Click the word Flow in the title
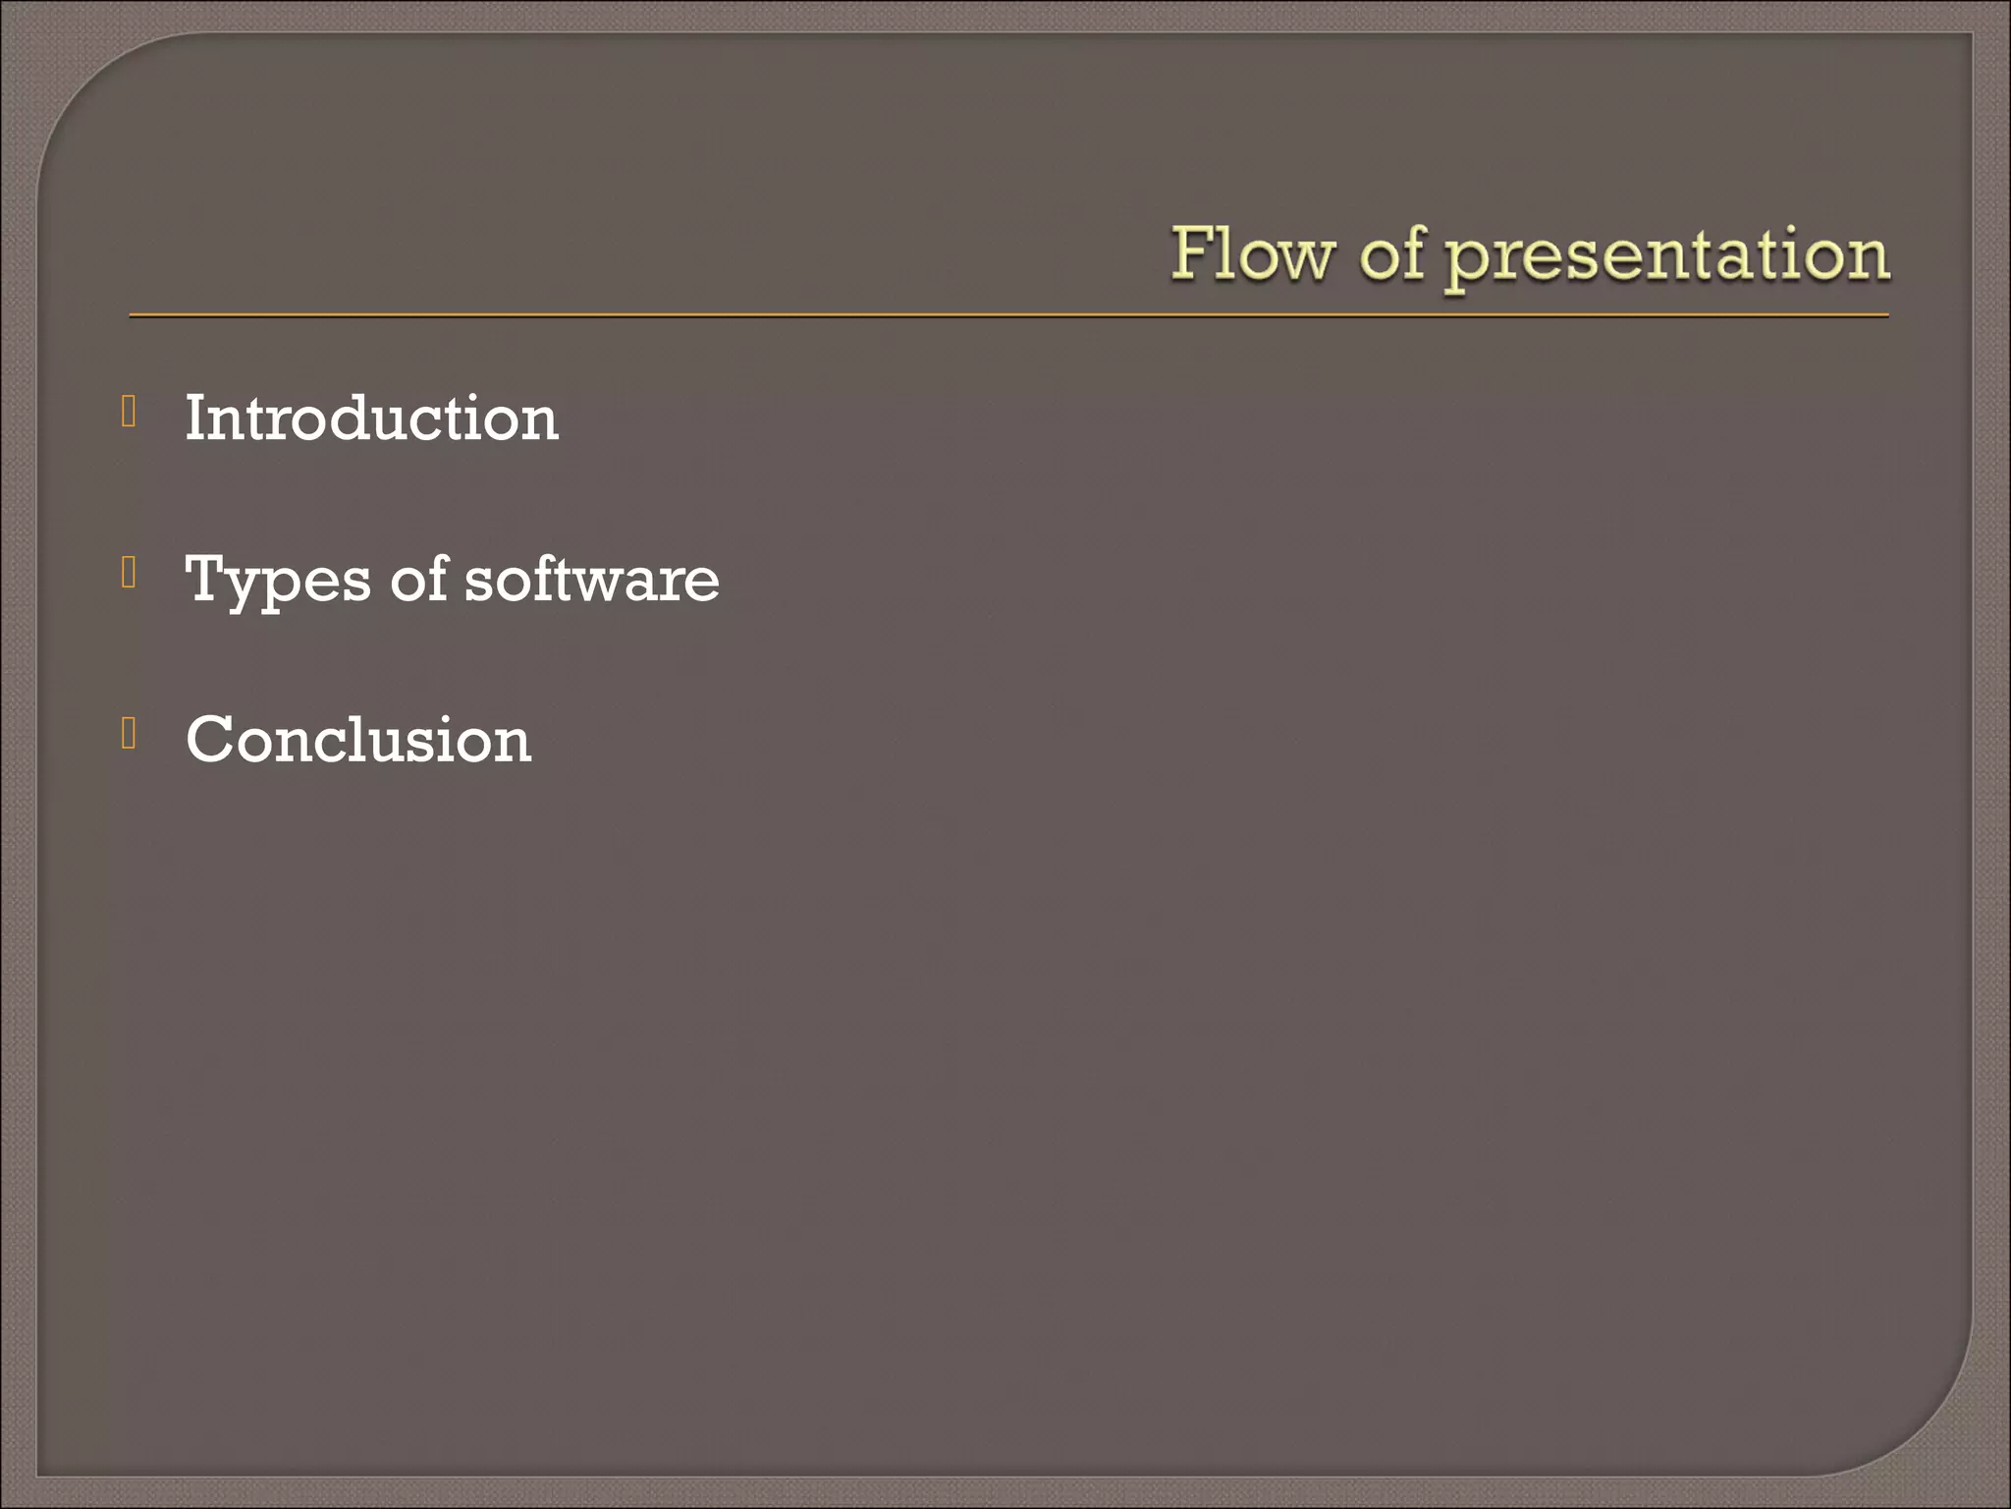pyautogui.click(x=1252, y=254)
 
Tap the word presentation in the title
pyautogui.click(x=1668, y=257)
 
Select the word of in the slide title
pyautogui.click(x=1391, y=254)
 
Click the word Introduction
pyautogui.click(x=371, y=419)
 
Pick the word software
pyautogui.click(x=591, y=580)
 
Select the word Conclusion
pyautogui.click(x=358, y=740)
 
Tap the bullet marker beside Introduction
pyautogui.click(x=129, y=412)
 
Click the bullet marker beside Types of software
pyautogui.click(x=129, y=572)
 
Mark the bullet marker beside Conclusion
pyautogui.click(x=129, y=733)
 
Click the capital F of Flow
pyautogui.click(x=1190, y=253)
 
